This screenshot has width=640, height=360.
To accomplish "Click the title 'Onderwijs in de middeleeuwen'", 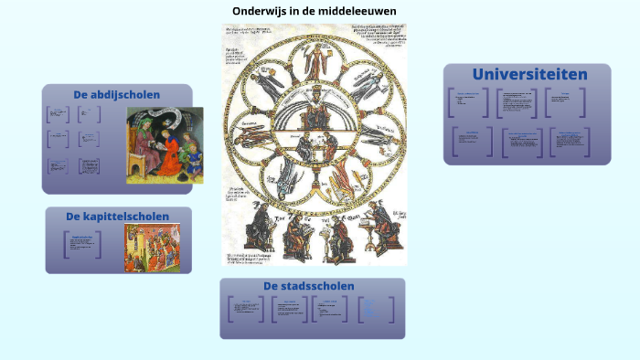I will (314, 11).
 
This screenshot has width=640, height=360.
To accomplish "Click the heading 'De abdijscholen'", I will (117, 94).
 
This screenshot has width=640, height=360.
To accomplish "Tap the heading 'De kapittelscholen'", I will (117, 217).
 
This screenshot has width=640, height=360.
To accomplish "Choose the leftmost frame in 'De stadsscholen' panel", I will (244, 309).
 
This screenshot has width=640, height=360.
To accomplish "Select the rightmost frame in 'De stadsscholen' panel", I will (377, 309).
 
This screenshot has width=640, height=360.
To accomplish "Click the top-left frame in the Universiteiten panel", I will (468, 102).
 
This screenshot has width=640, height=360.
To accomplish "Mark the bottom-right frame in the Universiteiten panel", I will (569, 141).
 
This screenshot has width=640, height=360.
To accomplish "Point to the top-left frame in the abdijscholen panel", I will (58, 114).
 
